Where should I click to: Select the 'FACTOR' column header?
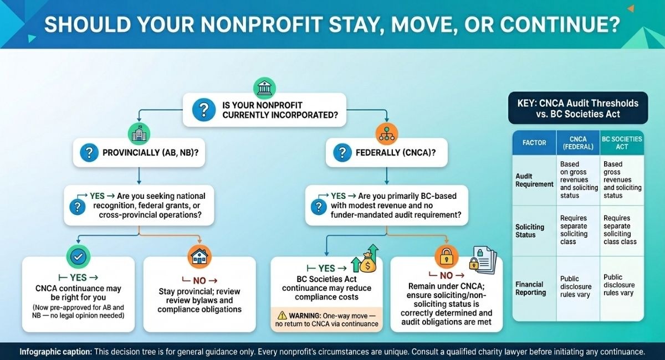click(534, 142)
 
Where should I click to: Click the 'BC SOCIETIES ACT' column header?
click(622, 143)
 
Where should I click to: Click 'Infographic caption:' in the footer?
click(55, 351)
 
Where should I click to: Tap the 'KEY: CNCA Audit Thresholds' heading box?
click(578, 108)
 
